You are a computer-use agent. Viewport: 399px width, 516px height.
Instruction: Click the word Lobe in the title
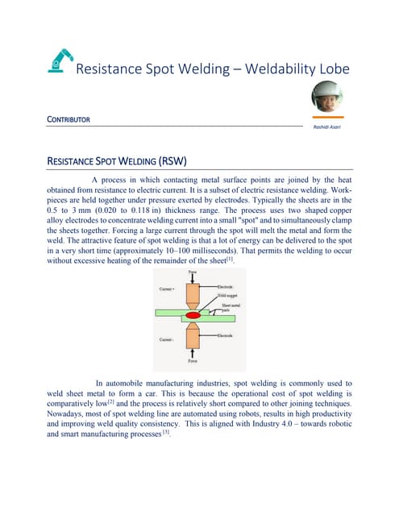(x=330, y=69)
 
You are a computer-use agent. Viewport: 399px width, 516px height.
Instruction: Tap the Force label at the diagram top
(x=199, y=271)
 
